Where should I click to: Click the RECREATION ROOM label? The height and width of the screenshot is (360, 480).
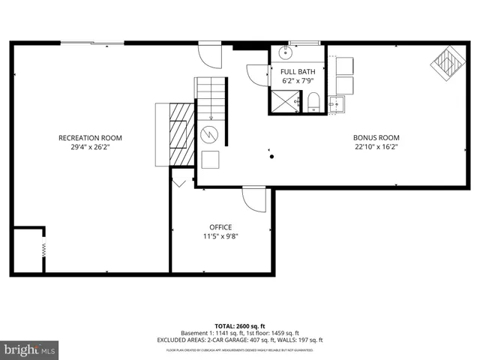90,138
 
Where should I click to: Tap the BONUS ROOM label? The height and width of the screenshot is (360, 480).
376,138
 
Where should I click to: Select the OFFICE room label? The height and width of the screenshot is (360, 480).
220,227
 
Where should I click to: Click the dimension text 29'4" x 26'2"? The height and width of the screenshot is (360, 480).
90,148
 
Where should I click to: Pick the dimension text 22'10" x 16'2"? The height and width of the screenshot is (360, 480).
376,148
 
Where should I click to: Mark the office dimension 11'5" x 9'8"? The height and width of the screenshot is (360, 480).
220,236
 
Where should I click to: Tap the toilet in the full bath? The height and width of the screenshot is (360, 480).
313,103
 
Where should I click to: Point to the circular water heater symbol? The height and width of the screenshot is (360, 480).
210,135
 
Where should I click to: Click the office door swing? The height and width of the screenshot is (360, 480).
254,199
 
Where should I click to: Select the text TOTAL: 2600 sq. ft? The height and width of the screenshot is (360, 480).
239,325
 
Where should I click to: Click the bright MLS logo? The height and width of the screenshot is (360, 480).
29,349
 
